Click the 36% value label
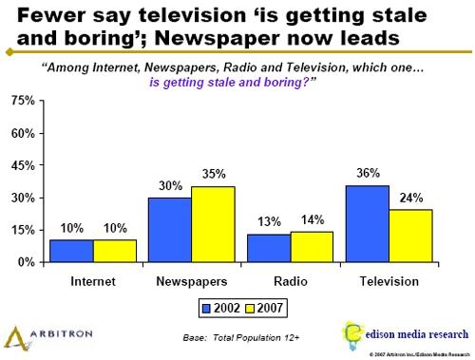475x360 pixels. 368,174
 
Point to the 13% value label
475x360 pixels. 269,222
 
